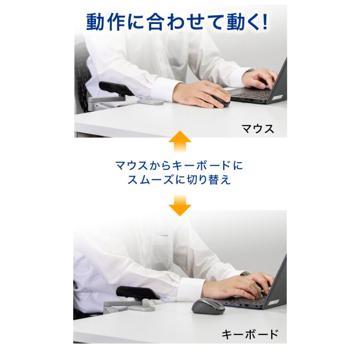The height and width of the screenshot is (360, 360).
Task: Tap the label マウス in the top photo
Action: click(258, 128)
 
